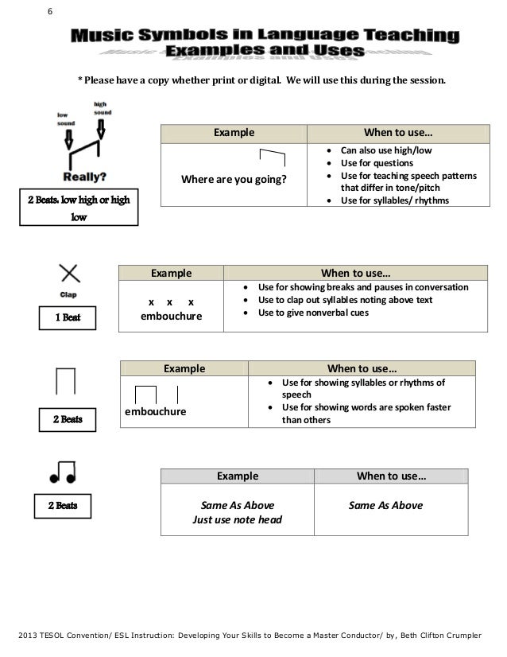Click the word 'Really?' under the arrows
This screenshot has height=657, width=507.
pos(82,177)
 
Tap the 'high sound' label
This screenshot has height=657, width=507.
pos(101,108)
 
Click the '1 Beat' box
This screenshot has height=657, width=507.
pos(68,318)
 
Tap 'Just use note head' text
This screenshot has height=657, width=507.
pos(238,520)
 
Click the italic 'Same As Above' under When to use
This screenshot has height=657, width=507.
pos(386,505)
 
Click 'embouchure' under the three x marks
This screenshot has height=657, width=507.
pos(172,317)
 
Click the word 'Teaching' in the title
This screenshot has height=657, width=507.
pos(406,36)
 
